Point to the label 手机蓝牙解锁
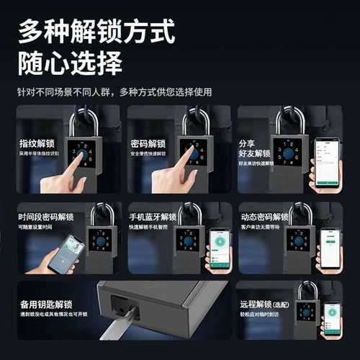pos(152,217)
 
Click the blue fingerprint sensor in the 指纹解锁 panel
pos(84,153)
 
